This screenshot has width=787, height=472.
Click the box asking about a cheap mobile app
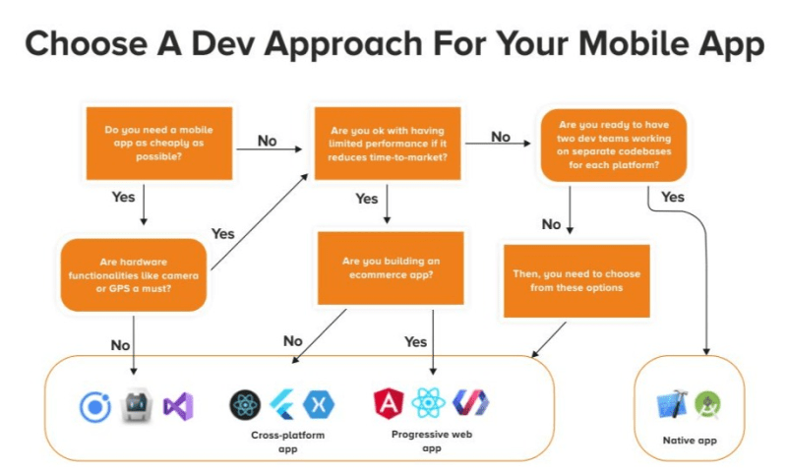click(x=159, y=143)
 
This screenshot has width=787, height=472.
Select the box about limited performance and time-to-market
click(x=388, y=143)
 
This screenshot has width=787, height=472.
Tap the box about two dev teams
click(x=613, y=145)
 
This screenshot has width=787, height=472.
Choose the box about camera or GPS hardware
click(x=134, y=275)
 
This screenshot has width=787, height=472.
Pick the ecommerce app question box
click(x=391, y=267)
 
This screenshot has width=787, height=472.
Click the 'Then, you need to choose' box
click(x=576, y=281)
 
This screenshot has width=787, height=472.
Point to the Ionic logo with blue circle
click(x=95, y=407)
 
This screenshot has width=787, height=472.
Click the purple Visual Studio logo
click(x=178, y=406)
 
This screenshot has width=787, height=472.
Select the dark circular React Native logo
click(x=245, y=405)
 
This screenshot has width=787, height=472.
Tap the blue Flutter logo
click(x=282, y=404)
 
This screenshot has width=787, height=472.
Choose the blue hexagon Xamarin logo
click(x=319, y=404)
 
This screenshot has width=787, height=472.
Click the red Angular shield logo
click(x=389, y=403)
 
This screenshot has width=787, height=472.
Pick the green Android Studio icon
click(x=707, y=404)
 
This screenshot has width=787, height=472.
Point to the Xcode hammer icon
click(x=672, y=404)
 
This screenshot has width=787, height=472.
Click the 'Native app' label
click(x=690, y=441)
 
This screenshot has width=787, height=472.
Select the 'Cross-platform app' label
click(x=287, y=442)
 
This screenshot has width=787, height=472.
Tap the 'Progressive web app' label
click(x=432, y=441)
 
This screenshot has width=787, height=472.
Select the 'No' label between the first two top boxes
click(x=267, y=141)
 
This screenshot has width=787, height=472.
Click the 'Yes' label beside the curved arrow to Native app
click(x=673, y=197)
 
